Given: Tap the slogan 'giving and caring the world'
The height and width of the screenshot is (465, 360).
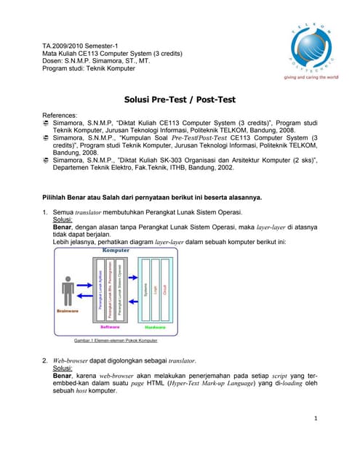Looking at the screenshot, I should point(311,76).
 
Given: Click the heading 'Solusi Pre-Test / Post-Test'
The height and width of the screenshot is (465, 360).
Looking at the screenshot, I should point(180,100).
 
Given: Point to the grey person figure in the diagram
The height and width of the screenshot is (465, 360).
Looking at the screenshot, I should point(68,292).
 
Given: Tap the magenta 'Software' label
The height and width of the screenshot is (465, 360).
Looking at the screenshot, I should point(111,327).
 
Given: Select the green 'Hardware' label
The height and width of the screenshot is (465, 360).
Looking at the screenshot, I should point(155,327).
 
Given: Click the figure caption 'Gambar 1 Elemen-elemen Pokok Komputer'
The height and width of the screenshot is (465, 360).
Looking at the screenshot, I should point(116,340).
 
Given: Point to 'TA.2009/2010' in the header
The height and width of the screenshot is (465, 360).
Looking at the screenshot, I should point(66,46).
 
